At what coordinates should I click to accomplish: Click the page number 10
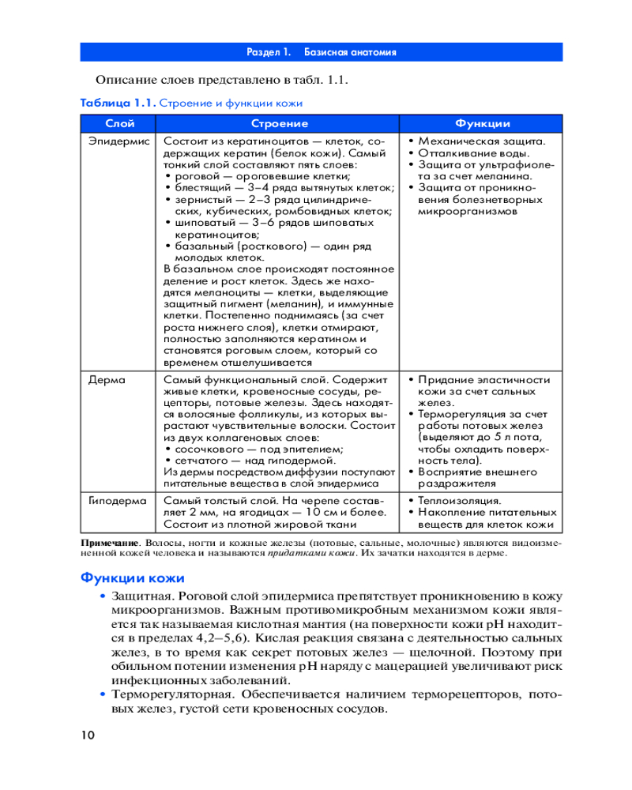coord(87,735)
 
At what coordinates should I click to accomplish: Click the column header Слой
coord(119,124)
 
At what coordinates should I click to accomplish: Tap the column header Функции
coord(482,124)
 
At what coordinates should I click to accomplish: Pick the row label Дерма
coord(107,379)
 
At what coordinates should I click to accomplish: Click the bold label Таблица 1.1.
coord(118,103)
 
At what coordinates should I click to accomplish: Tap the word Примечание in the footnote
coord(110,544)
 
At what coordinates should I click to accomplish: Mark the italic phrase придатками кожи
coord(299,554)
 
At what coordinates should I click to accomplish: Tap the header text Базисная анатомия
coord(351,52)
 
